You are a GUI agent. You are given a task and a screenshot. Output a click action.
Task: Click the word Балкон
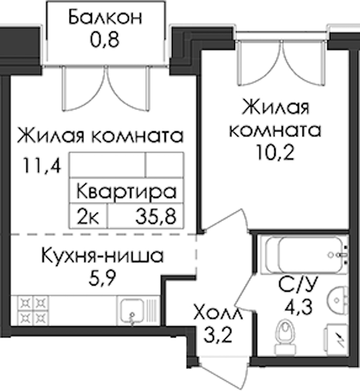[105, 17]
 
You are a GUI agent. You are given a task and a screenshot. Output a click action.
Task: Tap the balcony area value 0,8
[105, 40]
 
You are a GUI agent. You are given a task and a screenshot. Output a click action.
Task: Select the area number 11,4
[42, 165]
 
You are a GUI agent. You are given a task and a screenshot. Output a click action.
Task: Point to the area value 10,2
[275, 152]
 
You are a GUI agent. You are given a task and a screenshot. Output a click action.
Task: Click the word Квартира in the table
[127, 191]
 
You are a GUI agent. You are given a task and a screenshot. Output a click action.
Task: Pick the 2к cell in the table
[88, 216]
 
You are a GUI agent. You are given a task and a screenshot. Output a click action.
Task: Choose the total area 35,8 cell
[156, 216]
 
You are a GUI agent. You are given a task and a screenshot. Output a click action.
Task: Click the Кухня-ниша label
[102, 255]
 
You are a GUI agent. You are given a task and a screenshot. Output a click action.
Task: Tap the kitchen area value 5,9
[102, 277]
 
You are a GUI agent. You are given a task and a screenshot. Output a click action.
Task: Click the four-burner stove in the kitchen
[33, 310]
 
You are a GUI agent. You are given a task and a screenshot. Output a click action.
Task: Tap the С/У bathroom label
[298, 285]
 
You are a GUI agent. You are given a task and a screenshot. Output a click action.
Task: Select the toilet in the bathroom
[285, 337]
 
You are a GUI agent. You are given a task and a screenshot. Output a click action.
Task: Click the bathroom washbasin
[338, 300]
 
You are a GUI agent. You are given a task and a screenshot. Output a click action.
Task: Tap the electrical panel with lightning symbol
[336, 340]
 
